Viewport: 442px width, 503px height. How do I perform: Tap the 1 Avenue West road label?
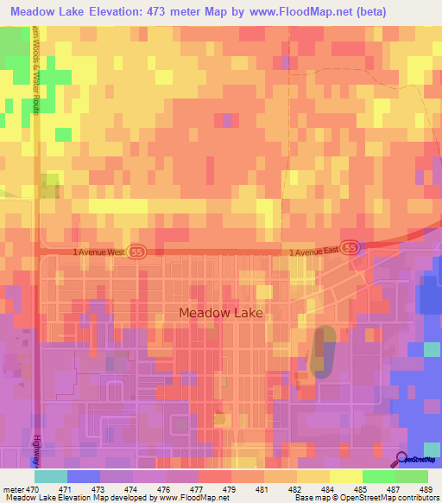coord(100,251)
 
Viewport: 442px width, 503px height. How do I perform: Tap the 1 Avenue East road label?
coord(313,251)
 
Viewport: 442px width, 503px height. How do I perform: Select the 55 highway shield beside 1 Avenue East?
coord(350,247)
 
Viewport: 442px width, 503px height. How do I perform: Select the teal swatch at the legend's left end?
coord(51,476)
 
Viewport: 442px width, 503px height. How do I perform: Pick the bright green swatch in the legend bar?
coord(378,476)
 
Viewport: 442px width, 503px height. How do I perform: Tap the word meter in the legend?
coord(13,489)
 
